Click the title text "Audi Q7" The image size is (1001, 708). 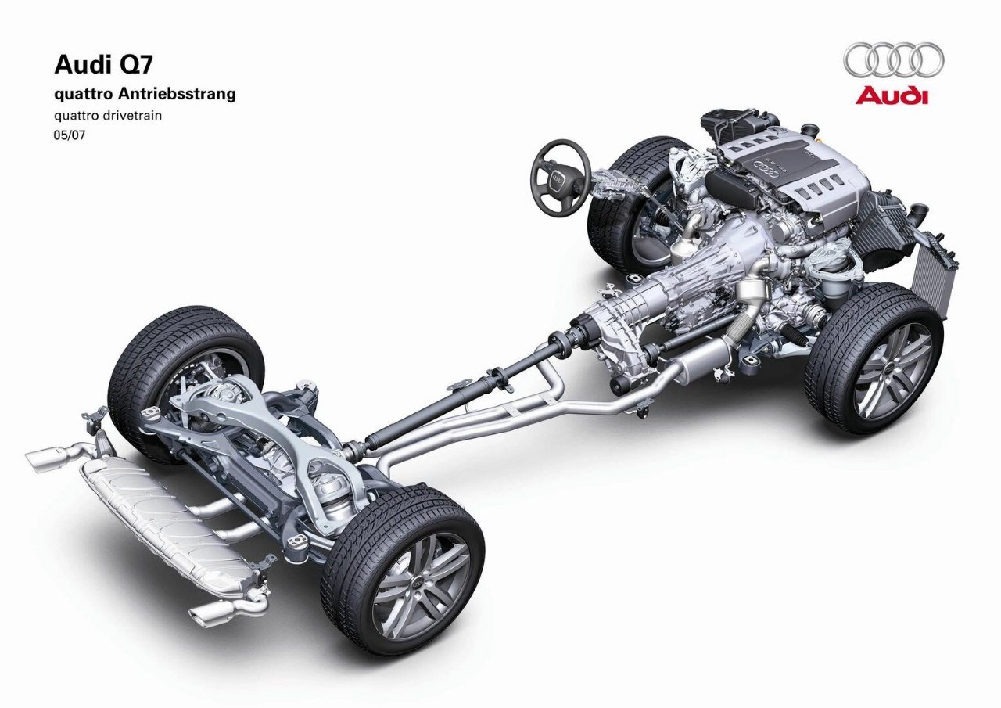point(103,65)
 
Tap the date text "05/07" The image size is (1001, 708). point(70,135)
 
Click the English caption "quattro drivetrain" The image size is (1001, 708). point(108,116)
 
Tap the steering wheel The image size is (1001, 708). point(561,178)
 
